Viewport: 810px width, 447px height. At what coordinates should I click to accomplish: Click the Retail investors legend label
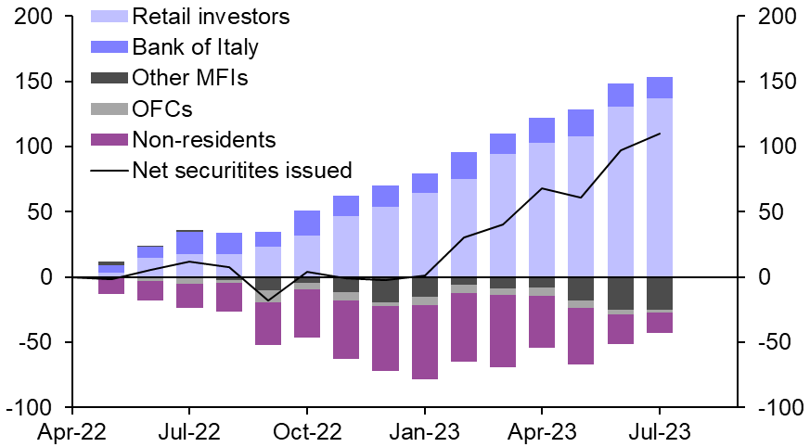click(211, 16)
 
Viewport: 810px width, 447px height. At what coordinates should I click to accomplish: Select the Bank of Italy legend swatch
click(111, 46)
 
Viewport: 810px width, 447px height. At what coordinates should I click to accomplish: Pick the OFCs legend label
click(162, 109)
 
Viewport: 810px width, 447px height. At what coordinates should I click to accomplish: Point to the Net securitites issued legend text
click(242, 170)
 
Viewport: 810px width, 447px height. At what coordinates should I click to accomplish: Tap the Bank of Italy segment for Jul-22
click(189, 242)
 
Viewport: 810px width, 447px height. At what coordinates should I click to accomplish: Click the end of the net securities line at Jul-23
click(660, 134)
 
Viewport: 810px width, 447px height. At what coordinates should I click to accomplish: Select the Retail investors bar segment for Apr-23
click(542, 210)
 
